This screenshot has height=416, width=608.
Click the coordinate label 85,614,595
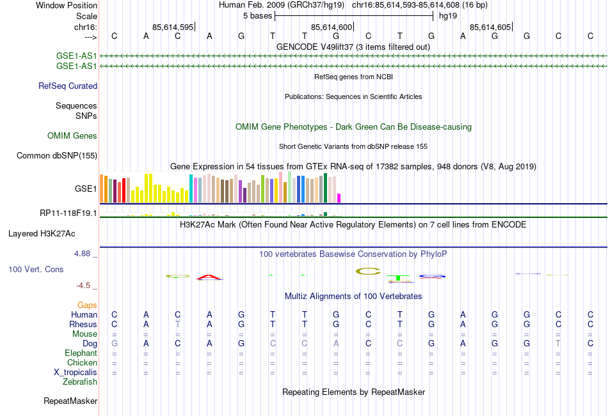[x=173, y=27]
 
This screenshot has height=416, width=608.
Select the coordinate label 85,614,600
[x=332, y=27]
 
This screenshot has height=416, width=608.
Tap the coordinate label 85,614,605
[x=490, y=27]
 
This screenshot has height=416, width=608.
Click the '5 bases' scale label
[x=257, y=16]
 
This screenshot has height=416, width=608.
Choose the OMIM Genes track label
[x=72, y=135]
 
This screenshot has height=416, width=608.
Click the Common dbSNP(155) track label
[x=57, y=155]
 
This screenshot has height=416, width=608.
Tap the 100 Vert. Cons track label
[x=36, y=270]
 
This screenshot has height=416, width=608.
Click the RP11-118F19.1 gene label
[x=68, y=213]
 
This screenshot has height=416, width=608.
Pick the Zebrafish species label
[x=80, y=382]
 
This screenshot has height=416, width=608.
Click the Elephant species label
[x=81, y=353]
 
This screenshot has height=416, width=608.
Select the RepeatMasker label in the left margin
[x=70, y=401]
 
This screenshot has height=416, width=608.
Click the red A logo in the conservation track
[x=209, y=277]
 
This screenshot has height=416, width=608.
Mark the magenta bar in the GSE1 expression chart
[x=339, y=197]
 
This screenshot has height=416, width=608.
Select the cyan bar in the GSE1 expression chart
[x=191, y=188]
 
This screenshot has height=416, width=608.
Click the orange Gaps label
[x=88, y=305]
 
